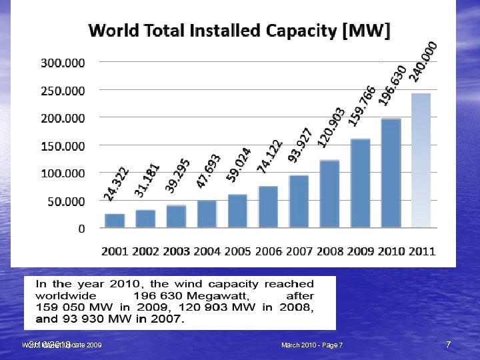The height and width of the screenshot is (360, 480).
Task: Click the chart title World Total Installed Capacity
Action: [x=239, y=31]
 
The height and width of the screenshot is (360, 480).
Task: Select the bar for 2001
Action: [x=115, y=221]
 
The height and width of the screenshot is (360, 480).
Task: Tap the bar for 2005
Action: [x=237, y=211]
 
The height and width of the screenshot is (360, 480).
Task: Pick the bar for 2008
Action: [x=329, y=194]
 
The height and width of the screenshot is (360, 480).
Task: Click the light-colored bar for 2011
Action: [x=421, y=161]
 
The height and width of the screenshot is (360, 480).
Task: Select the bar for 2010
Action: [x=390, y=173]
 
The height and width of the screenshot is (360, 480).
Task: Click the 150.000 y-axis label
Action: [x=63, y=145]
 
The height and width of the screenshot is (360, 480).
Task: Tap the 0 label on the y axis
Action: [x=81, y=229]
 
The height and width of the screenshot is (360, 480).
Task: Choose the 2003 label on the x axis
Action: [x=176, y=251]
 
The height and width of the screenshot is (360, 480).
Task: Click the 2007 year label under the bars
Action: [x=299, y=251]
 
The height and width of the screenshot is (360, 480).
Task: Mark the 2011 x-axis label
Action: [x=421, y=251]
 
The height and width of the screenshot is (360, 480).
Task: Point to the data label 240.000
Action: [x=423, y=61]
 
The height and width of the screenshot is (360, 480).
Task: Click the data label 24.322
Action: [x=117, y=184]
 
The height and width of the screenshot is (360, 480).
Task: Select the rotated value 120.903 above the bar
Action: [x=331, y=127]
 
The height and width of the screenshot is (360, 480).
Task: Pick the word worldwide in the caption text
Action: [x=65, y=295]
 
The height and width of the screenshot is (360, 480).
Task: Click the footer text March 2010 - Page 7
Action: [x=312, y=345]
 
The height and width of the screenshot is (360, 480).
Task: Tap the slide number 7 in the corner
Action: [x=448, y=345]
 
